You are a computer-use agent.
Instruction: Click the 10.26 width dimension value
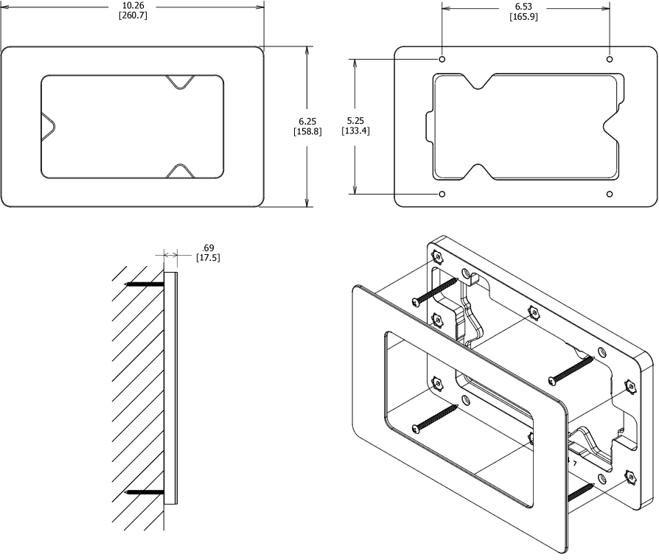(x=133, y=6)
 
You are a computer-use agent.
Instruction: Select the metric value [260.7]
(x=133, y=15)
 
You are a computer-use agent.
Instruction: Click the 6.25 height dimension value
(x=307, y=120)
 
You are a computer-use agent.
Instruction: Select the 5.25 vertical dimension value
(x=355, y=120)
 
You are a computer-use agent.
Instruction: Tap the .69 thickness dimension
(x=207, y=248)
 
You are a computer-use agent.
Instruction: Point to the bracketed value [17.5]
(x=208, y=258)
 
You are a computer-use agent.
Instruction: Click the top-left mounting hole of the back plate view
(x=442, y=58)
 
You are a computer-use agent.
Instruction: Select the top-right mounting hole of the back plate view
(x=609, y=58)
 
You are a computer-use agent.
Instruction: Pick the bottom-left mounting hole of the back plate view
(x=442, y=194)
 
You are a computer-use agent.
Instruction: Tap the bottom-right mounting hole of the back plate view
(x=609, y=194)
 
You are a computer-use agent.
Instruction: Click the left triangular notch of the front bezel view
(x=47, y=125)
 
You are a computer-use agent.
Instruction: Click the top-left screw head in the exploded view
(x=417, y=301)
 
